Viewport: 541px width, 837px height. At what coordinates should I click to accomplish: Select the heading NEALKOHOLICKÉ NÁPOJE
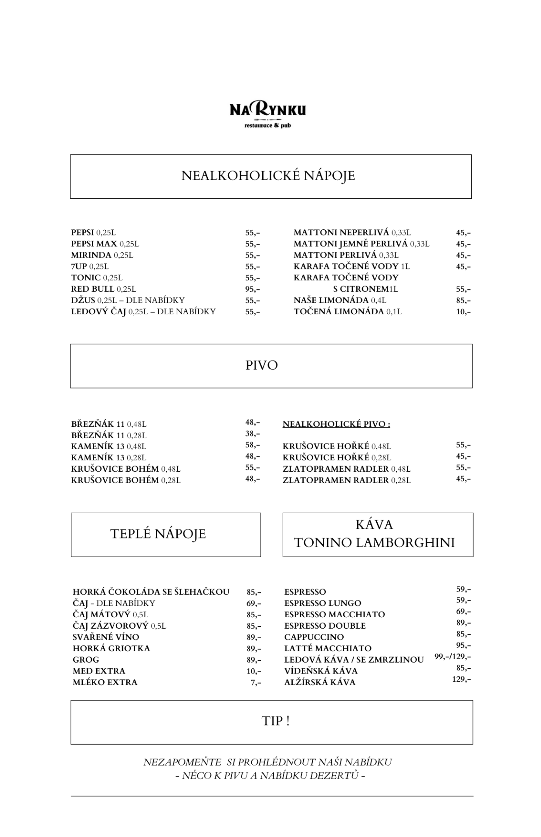pyautogui.click(x=268, y=176)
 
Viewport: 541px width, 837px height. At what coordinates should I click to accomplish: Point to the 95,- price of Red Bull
pyautogui.click(x=252, y=289)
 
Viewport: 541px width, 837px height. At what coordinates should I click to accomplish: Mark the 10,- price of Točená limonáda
pyautogui.click(x=463, y=312)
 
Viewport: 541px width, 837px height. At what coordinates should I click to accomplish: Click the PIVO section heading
pyautogui.click(x=261, y=365)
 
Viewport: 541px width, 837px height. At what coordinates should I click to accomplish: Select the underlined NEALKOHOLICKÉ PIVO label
pyautogui.click(x=336, y=424)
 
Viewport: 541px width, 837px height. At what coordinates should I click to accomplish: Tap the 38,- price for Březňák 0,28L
pyautogui.click(x=252, y=434)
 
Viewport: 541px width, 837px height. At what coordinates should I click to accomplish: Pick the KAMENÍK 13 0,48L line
pyautogui.click(x=108, y=446)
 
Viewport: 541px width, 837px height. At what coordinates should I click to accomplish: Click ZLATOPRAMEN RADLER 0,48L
pyautogui.click(x=346, y=469)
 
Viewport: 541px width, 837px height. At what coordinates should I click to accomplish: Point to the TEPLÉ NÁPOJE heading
pyautogui.click(x=158, y=534)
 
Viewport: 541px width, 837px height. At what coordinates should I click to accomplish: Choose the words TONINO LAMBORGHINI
pyautogui.click(x=374, y=543)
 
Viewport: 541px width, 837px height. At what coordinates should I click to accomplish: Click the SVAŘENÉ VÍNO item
pyautogui.click(x=106, y=637)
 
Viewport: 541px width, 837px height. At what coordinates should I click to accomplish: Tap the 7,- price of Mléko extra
pyautogui.click(x=256, y=683)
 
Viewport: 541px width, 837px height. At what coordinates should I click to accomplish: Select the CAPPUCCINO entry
pyautogui.click(x=314, y=637)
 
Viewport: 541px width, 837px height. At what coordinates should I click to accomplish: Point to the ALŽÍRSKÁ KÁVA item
pyautogui.click(x=320, y=683)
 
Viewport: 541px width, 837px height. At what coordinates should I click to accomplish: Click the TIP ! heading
pyautogui.click(x=275, y=721)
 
